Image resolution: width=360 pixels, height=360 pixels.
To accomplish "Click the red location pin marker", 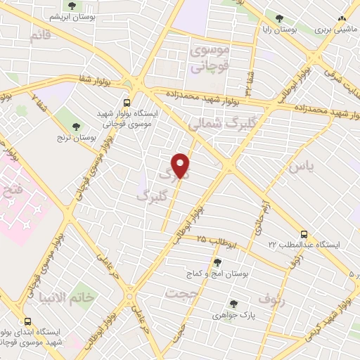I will click(x=181, y=165).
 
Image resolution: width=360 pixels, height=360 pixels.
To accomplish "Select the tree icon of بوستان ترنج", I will click(x=75, y=127).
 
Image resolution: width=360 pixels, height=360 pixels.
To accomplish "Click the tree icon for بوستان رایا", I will click(x=280, y=18).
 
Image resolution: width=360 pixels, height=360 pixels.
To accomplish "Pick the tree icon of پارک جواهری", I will click(x=233, y=304).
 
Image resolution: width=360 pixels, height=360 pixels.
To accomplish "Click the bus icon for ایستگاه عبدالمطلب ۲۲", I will click(x=304, y=233).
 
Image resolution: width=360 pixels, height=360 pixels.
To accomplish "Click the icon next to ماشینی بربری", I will click(x=342, y=19).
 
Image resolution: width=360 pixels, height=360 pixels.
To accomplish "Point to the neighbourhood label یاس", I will click(x=298, y=167).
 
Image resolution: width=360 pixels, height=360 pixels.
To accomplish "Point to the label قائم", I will click(x=41, y=36).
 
